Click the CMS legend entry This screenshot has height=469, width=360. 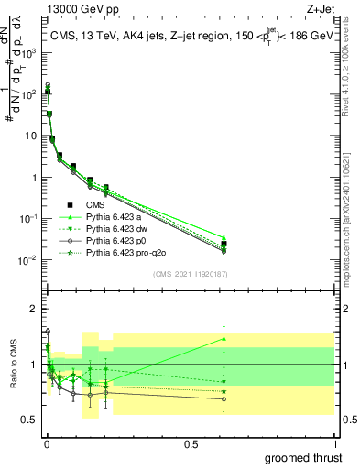click(x=96, y=205)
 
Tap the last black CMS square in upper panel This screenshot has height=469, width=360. click(x=224, y=244)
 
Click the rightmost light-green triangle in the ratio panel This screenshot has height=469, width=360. click(x=224, y=339)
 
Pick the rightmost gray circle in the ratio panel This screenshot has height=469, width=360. click(x=224, y=398)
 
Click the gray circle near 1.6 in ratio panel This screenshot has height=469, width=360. click(x=48, y=331)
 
